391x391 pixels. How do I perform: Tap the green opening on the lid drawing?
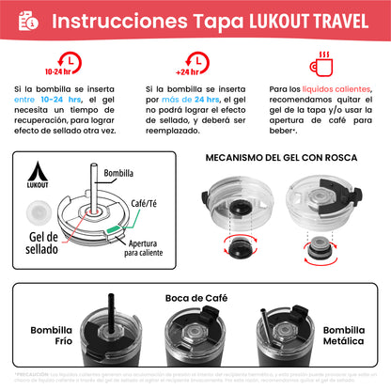[114, 226]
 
